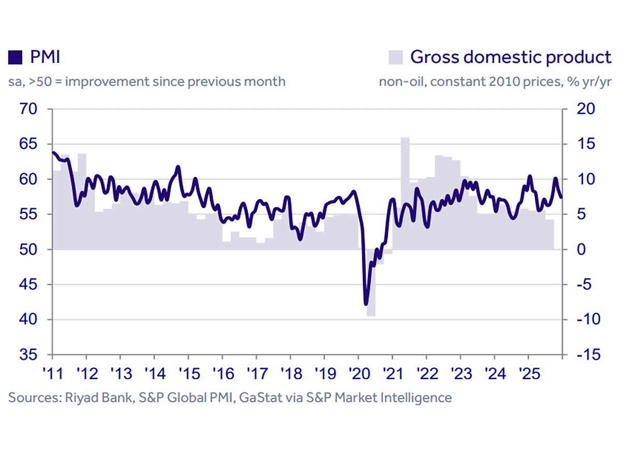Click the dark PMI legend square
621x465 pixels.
(x=15, y=57)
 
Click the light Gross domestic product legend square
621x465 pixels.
(x=395, y=57)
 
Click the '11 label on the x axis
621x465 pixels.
(x=52, y=373)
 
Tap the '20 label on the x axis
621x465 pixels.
(x=358, y=373)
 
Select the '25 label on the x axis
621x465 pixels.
(x=528, y=373)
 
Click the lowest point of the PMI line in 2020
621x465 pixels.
(x=366, y=304)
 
